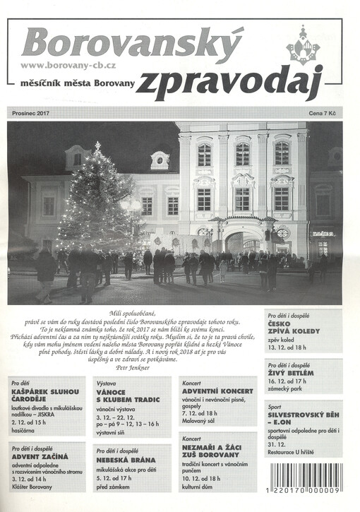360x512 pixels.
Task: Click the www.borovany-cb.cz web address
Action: (x=68, y=65)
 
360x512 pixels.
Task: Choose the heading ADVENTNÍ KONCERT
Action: (x=217, y=391)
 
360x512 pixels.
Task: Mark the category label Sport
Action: (x=275, y=407)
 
